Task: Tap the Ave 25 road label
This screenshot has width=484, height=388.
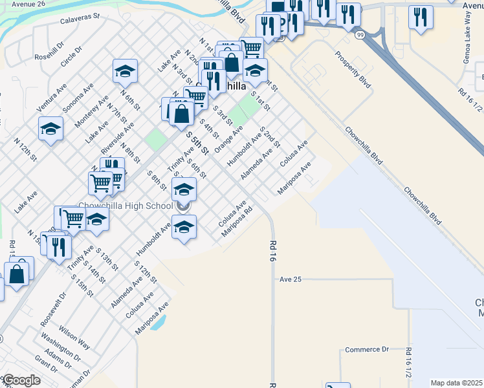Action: [x=291, y=279]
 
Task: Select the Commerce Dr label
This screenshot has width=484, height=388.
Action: [x=366, y=349]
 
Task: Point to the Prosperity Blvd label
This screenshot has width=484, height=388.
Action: [x=353, y=69]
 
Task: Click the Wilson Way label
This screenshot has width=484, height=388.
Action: [x=74, y=334]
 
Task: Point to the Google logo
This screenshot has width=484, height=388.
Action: [x=22, y=380]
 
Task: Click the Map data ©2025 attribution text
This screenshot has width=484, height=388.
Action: [x=456, y=383]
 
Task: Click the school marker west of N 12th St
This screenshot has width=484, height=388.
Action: [x=50, y=129]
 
